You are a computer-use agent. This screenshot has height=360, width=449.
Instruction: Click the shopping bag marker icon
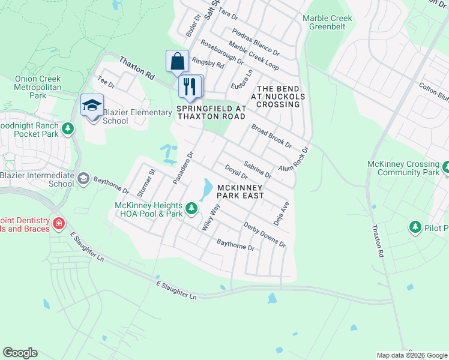point(178,61)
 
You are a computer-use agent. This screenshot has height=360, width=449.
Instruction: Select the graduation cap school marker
point(92,106)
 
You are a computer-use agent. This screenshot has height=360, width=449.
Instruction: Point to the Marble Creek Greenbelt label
point(327,23)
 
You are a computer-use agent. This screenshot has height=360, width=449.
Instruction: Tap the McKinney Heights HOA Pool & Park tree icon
point(191,209)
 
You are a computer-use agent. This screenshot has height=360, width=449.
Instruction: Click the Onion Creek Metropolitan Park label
point(38,87)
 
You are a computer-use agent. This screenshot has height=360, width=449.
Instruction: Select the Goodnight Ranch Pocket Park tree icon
point(68,128)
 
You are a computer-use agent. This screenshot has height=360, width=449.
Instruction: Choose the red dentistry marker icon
point(59,224)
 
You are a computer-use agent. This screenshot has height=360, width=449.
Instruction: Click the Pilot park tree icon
point(415,227)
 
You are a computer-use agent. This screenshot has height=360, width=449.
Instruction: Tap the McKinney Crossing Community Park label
point(406,168)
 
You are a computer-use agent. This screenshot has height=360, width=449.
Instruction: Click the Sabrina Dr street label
point(258,170)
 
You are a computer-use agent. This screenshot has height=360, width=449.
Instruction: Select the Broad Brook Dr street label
point(271,136)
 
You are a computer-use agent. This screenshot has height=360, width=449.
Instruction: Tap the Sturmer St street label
point(146,184)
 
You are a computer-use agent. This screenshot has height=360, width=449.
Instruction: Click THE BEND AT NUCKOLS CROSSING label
point(278,96)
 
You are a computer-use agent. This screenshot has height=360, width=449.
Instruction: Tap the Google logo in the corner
point(20,353)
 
